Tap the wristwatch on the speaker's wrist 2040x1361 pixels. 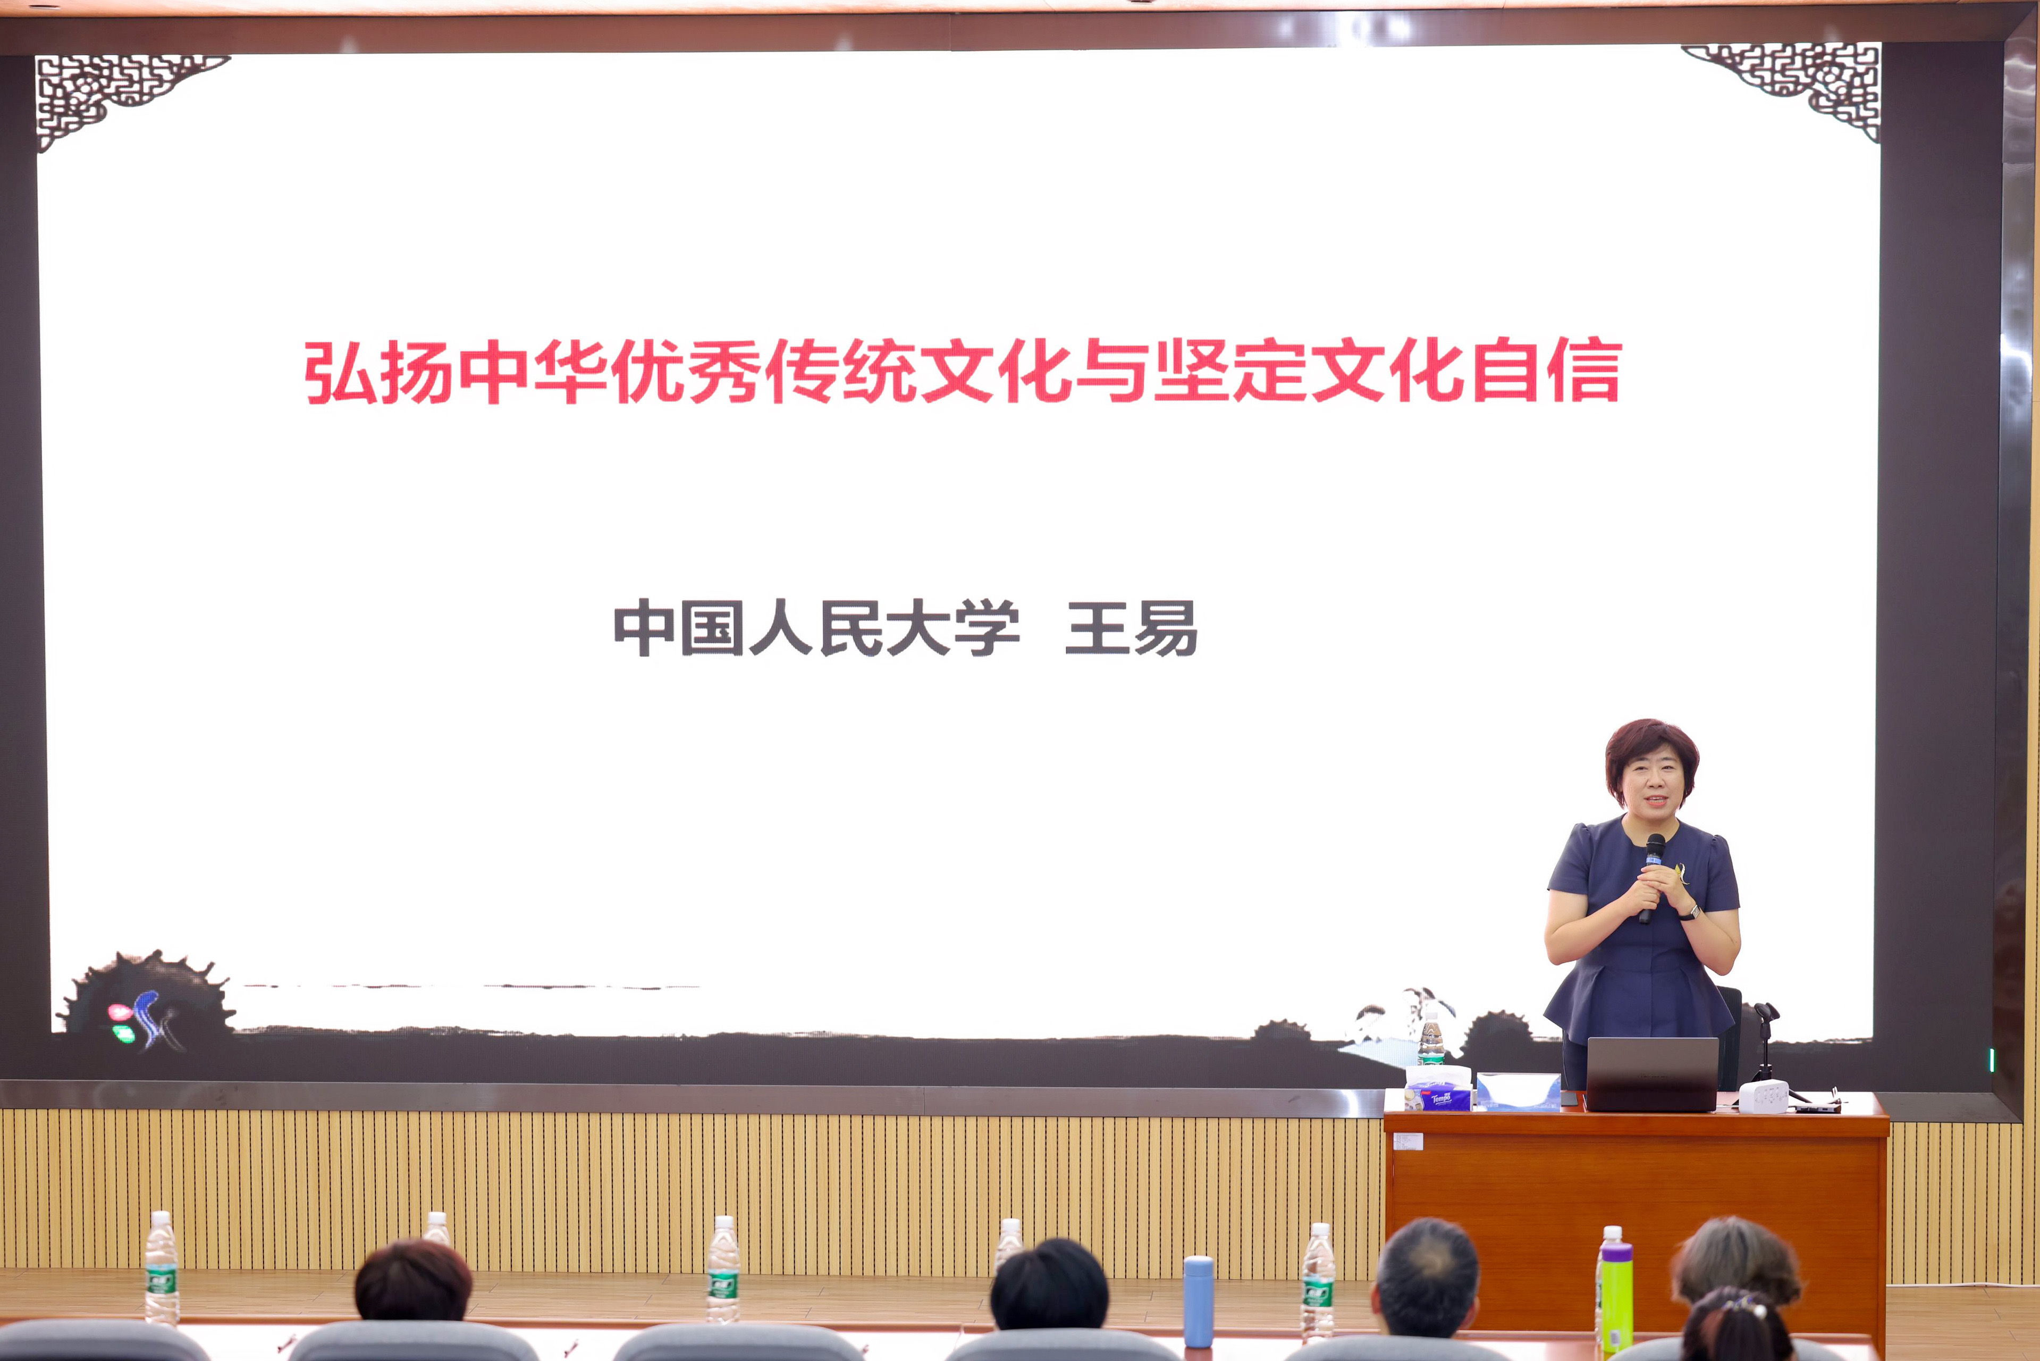[x=1689, y=911]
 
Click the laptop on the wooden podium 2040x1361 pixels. [x=1652, y=1074]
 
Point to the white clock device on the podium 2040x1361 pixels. [x=1763, y=1096]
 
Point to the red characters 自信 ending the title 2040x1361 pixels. [x=1548, y=371]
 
